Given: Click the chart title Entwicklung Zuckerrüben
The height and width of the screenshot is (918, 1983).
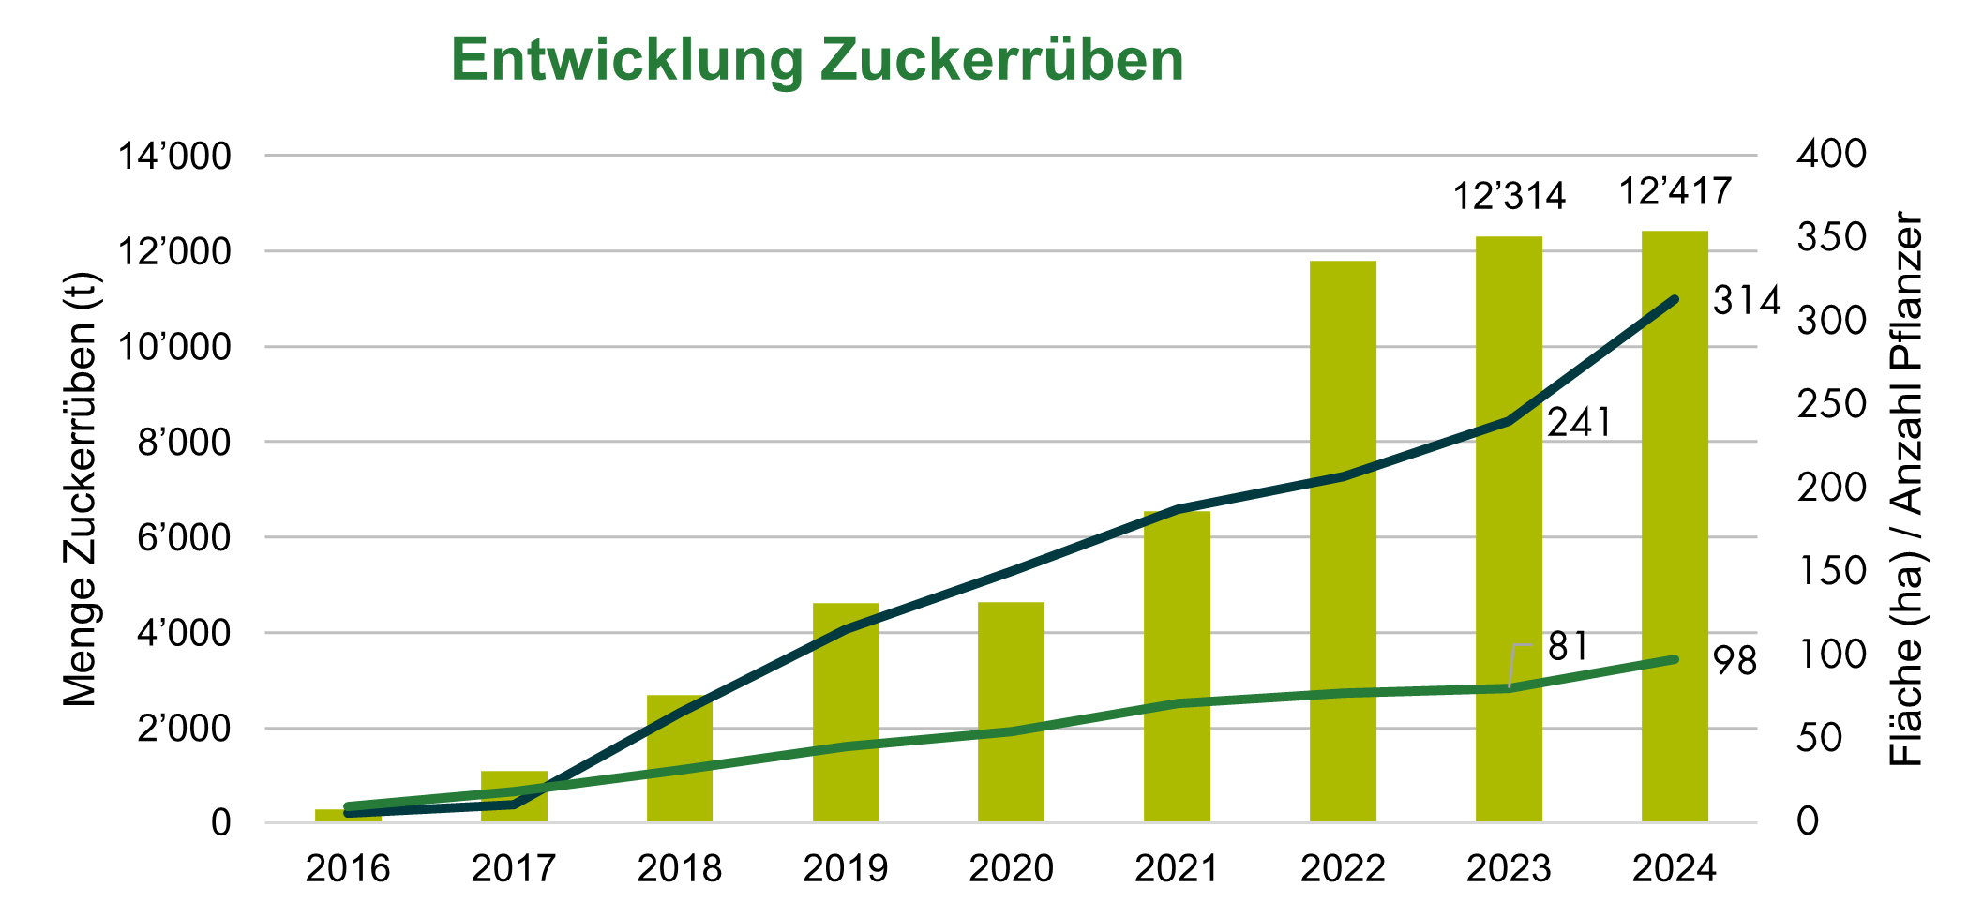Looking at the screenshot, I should click(817, 60).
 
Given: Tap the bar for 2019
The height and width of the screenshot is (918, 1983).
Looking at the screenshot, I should click(845, 731).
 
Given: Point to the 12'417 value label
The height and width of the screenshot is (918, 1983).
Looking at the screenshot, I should click(1675, 192).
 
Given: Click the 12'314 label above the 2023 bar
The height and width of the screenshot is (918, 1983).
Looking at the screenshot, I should click(1509, 197).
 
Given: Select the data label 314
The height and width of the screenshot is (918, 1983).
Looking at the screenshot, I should click(1746, 301).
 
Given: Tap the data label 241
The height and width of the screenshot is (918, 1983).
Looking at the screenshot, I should click(1579, 423).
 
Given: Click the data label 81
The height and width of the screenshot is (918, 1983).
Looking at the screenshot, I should click(1568, 647).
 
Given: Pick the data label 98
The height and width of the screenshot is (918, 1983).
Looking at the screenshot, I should click(1735, 662).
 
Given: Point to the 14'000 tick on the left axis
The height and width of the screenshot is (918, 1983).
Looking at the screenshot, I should click(173, 157).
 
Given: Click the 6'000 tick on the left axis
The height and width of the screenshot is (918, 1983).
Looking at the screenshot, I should click(184, 538).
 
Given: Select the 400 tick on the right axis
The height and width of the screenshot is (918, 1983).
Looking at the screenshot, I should click(1831, 155).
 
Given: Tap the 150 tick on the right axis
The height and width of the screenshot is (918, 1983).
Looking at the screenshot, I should click(1831, 571).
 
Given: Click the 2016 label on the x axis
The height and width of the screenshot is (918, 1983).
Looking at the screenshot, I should click(348, 869).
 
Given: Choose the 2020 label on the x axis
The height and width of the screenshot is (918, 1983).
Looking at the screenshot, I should click(1011, 869).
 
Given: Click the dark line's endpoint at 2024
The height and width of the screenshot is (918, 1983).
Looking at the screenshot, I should click(1675, 300).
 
